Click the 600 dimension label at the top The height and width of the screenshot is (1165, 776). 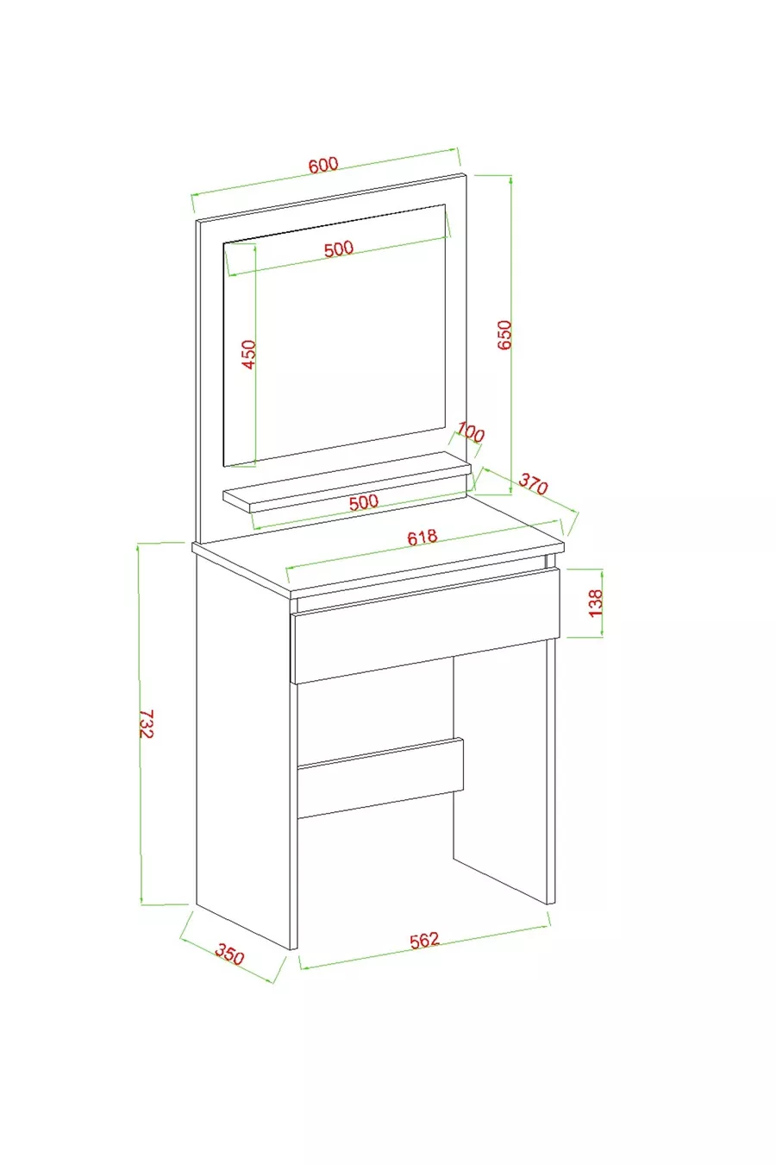point(323,164)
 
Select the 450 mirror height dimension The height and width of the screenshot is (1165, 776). point(250,354)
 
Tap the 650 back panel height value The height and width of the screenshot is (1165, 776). point(504,335)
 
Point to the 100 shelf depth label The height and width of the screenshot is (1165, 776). point(471,432)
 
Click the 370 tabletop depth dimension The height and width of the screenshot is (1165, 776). point(533,483)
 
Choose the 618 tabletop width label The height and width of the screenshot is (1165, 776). point(422,537)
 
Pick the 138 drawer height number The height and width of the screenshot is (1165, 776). point(596,603)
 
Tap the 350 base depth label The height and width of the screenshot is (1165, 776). point(229,955)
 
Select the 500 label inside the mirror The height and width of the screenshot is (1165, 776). point(338,249)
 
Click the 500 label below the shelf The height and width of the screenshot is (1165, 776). point(363,502)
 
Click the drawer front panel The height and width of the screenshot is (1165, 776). point(426,627)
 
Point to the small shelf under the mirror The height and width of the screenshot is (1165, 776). point(347,481)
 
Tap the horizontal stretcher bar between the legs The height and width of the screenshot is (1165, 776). point(380,778)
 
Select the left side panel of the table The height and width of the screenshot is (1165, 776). point(242,749)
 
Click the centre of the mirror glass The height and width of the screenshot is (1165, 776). point(335,336)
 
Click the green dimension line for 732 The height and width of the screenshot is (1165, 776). point(140,724)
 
